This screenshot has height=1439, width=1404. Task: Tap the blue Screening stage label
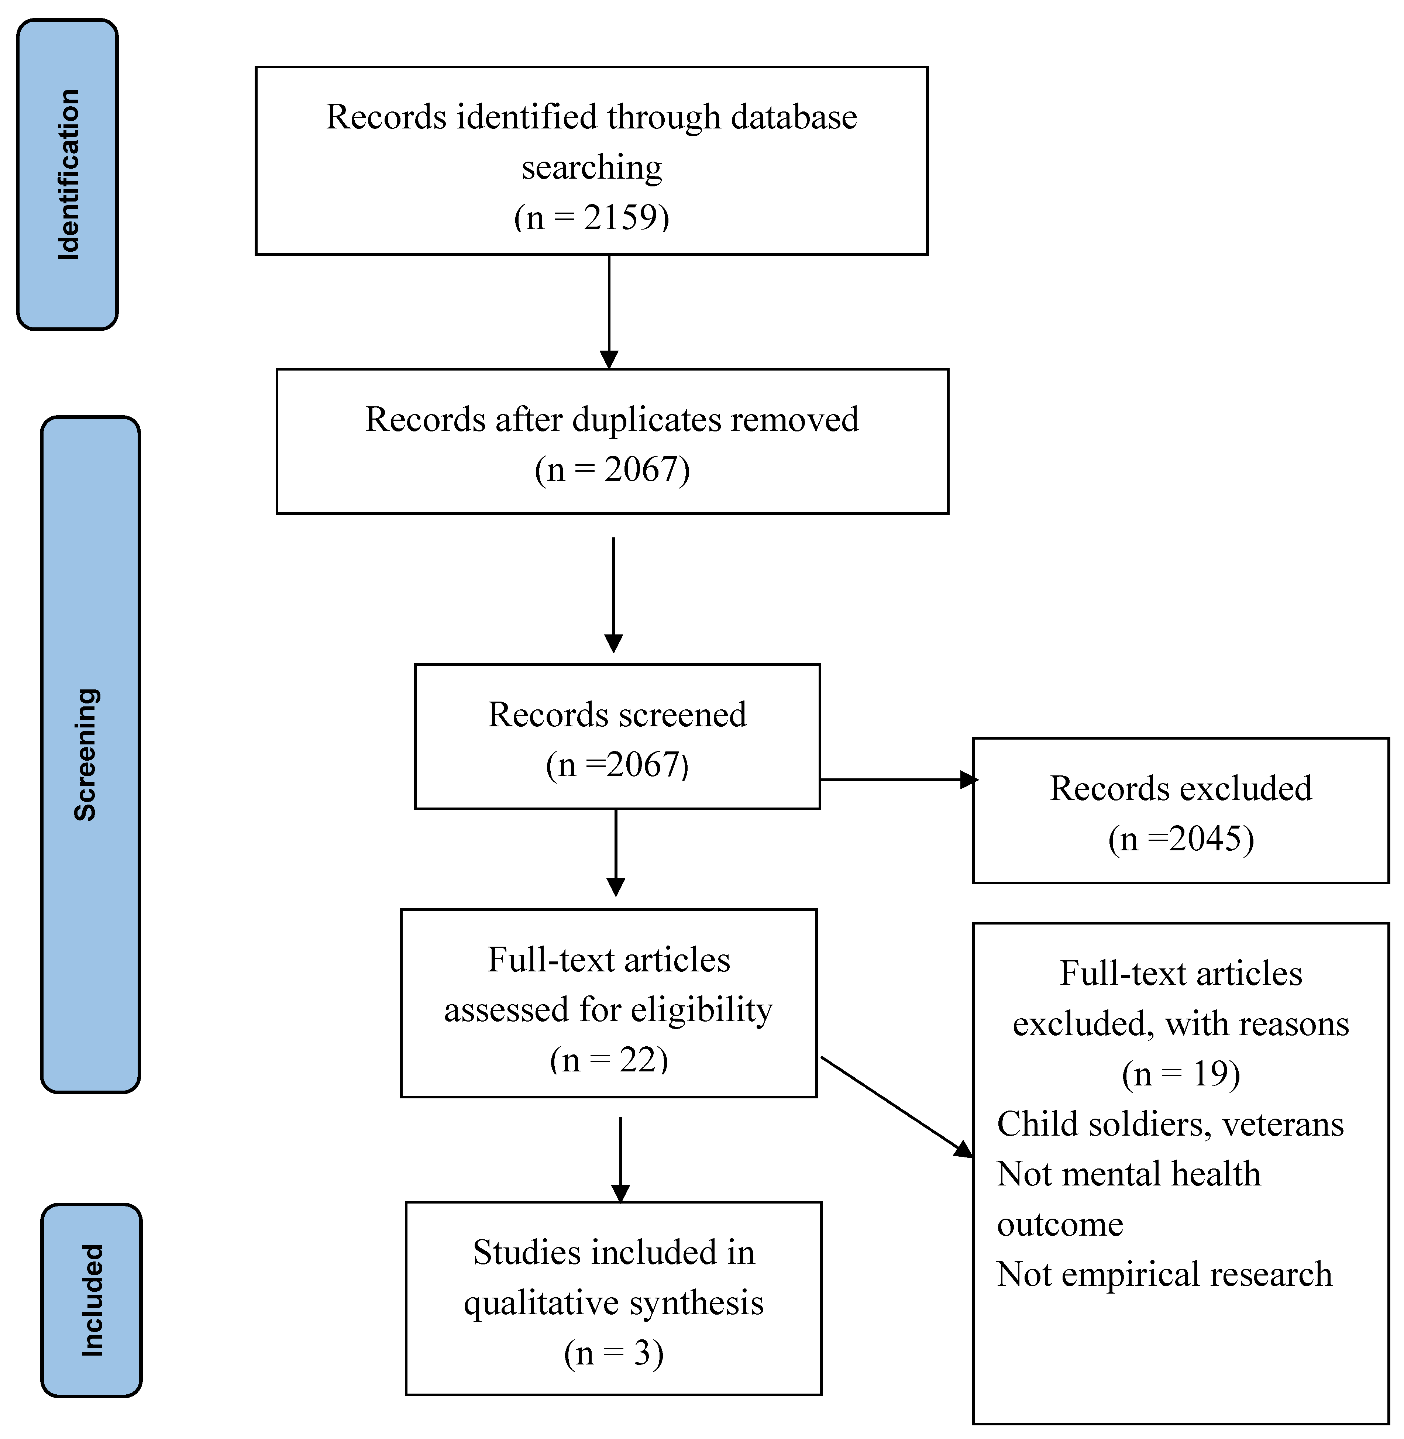(90, 753)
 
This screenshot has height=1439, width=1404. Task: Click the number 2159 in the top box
(619, 217)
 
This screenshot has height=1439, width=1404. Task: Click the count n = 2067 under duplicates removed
(612, 469)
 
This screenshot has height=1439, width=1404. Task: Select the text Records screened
(617, 715)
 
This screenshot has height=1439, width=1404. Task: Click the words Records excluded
(1181, 788)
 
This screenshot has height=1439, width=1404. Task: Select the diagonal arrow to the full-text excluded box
(896, 1106)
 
